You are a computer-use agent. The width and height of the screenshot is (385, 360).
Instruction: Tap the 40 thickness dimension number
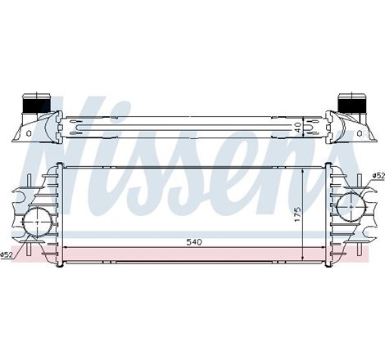(298, 127)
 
